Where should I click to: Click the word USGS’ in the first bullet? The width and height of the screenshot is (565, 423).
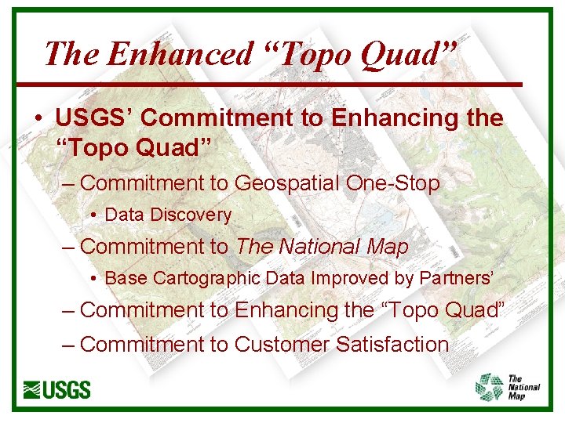click(95, 118)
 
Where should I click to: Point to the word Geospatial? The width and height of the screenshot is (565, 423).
click(286, 183)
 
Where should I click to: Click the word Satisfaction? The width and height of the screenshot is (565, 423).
click(392, 344)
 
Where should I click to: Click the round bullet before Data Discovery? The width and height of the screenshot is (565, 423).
click(93, 215)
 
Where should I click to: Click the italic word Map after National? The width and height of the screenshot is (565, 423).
click(387, 247)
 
